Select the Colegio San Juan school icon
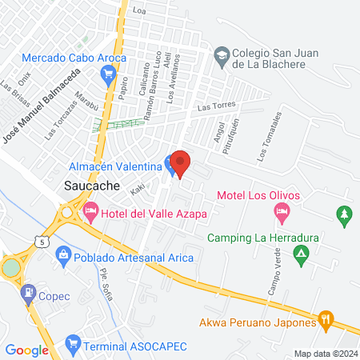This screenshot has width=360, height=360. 221,54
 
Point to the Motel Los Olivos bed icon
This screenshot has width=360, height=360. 281,212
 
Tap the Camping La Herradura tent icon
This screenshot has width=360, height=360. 301,256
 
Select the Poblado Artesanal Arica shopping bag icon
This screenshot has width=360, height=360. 63,255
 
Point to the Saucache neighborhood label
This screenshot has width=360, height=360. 91,185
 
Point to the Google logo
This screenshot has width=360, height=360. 26,350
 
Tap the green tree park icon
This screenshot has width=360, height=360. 344,214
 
